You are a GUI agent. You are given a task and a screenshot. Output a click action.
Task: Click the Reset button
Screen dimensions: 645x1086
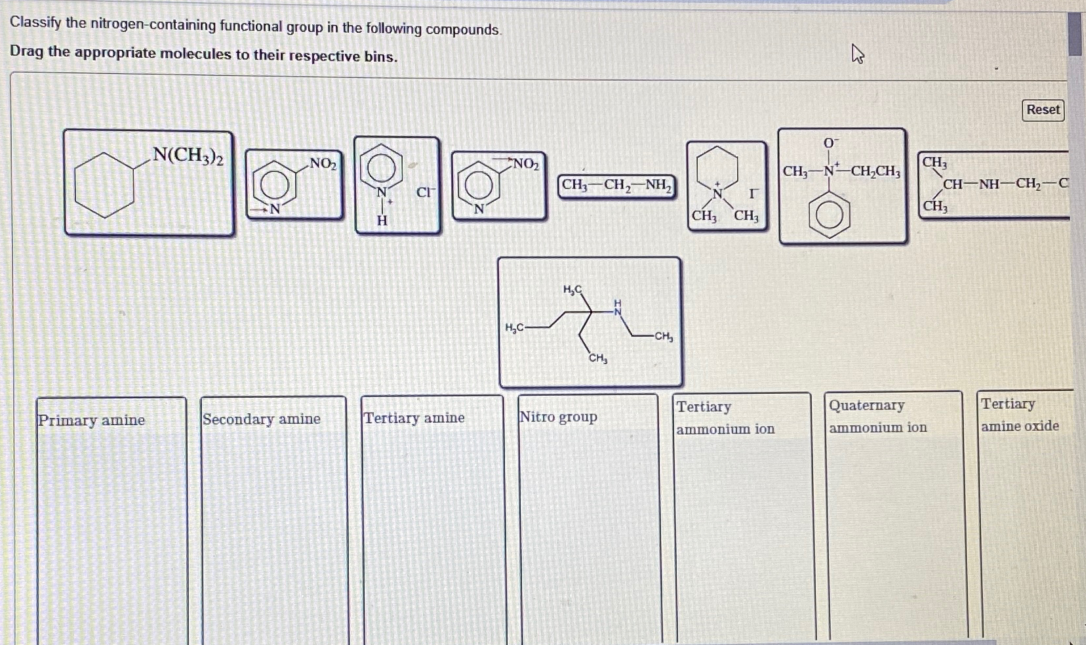point(1043,110)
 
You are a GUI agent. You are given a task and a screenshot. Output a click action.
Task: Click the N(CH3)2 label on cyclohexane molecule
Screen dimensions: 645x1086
point(188,156)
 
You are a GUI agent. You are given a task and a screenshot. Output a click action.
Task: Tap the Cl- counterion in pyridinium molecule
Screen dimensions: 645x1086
point(425,192)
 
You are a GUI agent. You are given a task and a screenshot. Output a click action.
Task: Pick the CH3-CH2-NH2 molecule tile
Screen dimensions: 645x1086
point(616,186)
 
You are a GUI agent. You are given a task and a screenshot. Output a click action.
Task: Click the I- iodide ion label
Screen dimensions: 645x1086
point(754,194)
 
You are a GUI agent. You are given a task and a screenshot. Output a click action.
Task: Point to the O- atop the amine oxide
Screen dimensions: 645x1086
point(830,143)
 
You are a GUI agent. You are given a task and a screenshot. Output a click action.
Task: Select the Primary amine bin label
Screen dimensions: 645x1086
point(91,421)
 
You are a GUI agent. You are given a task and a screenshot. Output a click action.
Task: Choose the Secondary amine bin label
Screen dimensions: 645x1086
point(261,419)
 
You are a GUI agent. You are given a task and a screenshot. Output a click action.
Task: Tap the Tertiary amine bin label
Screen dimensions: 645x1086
point(414,418)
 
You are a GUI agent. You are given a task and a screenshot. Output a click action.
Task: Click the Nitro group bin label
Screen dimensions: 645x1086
point(558,417)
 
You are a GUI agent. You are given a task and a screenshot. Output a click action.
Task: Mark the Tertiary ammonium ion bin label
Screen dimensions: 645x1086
point(725,417)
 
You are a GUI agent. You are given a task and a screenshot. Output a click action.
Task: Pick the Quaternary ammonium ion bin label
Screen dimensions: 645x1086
point(877,416)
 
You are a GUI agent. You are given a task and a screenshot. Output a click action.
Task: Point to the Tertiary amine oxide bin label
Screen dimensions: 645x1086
point(1019,415)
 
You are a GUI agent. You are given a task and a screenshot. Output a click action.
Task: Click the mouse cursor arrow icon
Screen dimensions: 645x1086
point(857,54)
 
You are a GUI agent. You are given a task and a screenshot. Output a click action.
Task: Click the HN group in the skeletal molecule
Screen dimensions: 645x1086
point(617,308)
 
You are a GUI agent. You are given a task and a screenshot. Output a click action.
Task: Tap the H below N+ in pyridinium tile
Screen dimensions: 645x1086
point(382,220)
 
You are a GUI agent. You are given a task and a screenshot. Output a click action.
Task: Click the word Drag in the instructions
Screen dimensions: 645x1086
point(26,51)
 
